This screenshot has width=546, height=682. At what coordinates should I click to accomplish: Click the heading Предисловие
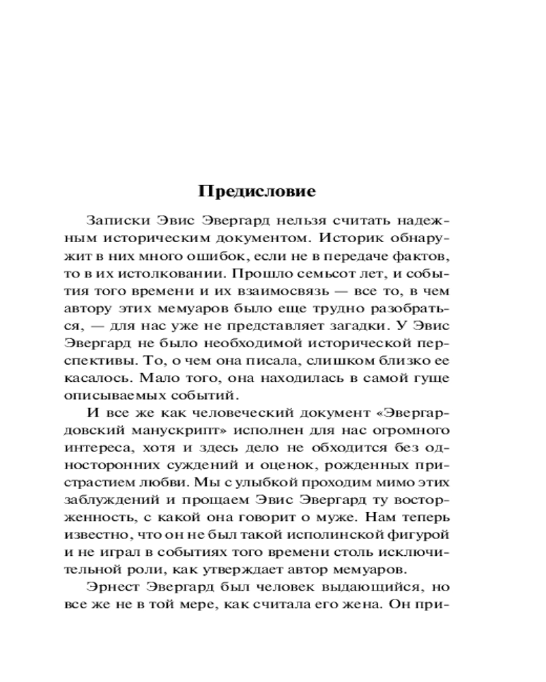[257, 192]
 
